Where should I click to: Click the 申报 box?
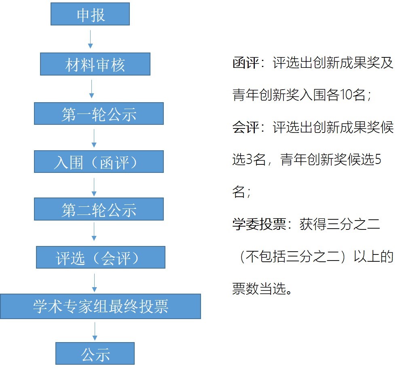90,14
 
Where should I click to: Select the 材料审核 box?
95,64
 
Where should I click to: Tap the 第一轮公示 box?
99,113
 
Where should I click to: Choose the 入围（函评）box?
99,162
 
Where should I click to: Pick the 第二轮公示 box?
99,209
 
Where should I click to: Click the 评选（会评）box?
101,257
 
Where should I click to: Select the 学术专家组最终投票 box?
100,307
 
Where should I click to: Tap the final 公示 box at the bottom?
95,353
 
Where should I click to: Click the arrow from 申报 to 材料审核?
90,39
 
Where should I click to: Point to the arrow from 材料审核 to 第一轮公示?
91,89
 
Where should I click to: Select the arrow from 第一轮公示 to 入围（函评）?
94,138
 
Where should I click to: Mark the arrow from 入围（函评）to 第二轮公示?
94,187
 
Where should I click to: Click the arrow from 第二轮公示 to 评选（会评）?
94,231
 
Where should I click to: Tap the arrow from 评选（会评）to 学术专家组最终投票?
94,283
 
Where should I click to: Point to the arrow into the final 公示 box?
95,331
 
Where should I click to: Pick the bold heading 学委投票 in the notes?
259,224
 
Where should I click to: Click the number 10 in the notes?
346,95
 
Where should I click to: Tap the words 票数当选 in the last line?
259,288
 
